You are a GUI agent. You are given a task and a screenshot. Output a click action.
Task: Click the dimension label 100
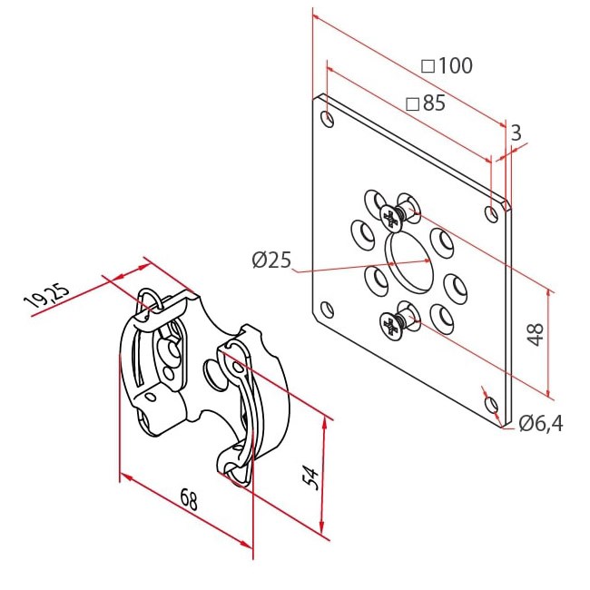click(x=455, y=65)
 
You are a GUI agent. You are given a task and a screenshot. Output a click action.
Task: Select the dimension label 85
click(x=434, y=103)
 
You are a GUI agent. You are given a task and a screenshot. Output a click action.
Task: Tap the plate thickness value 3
click(x=516, y=133)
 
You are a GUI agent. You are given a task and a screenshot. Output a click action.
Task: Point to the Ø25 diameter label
click(x=271, y=260)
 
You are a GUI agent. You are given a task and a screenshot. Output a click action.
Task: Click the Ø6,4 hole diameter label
click(x=541, y=424)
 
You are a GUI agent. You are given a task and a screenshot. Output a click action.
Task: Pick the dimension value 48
click(x=535, y=334)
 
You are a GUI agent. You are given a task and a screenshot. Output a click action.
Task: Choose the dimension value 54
click(x=311, y=477)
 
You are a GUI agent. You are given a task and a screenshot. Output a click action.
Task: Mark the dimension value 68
click(x=189, y=498)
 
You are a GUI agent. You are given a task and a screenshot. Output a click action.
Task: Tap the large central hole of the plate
click(x=408, y=262)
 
